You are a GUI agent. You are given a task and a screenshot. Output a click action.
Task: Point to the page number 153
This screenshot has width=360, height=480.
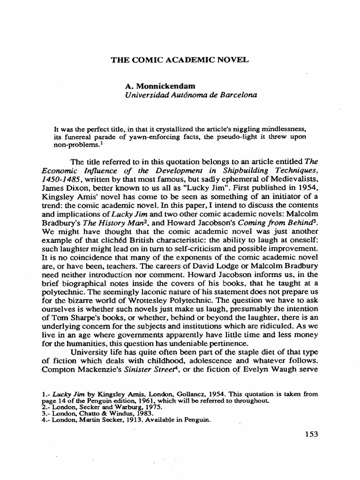[x=311, y=434]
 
